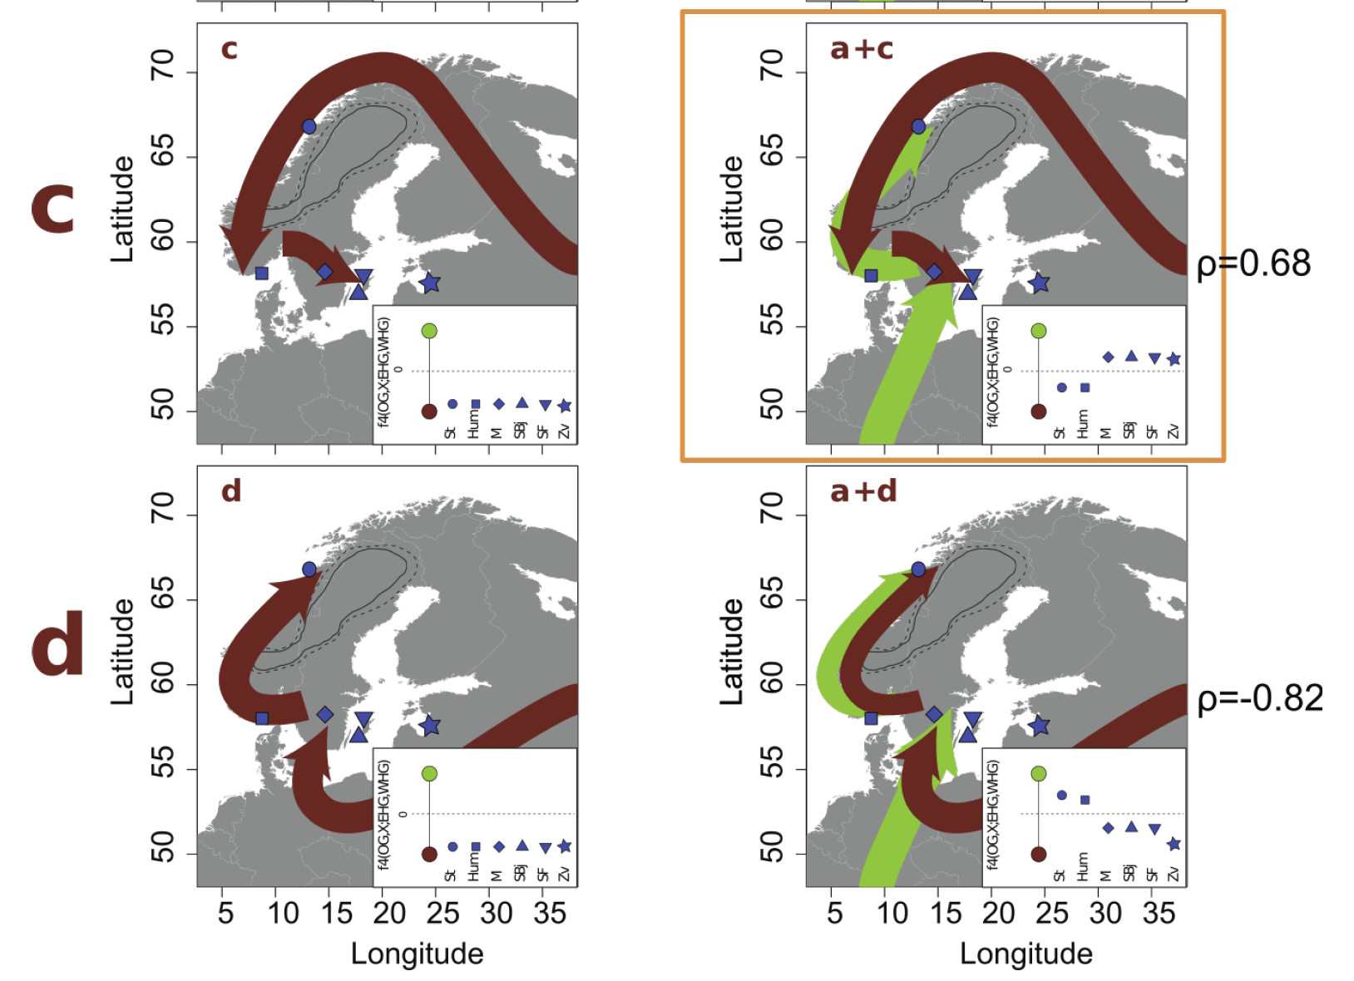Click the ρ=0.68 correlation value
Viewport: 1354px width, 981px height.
[x=1253, y=264]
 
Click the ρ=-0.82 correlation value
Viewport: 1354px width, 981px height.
[x=1259, y=698]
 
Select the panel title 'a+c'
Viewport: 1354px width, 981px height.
[x=861, y=49]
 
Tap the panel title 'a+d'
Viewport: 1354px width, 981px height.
[x=863, y=491]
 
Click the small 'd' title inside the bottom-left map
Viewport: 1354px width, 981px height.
[x=231, y=491]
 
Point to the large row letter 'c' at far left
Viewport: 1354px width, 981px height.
[x=53, y=209]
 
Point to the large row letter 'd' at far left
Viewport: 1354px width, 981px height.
[x=57, y=643]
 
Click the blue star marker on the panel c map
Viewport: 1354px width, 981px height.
[x=429, y=283]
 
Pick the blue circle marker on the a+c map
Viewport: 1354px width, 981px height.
[x=918, y=126]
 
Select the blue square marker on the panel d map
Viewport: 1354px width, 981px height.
[x=262, y=717]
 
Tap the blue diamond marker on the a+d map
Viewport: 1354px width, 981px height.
[x=934, y=714]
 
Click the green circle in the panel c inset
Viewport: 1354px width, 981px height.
[x=429, y=331]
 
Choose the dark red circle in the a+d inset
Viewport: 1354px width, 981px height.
[x=1038, y=854]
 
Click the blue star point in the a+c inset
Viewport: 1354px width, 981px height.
[x=1174, y=360]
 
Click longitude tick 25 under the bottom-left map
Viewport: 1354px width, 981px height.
[x=442, y=914]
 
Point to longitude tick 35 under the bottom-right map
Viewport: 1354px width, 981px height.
[x=1159, y=914]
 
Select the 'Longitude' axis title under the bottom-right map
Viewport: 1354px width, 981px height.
[x=1026, y=954]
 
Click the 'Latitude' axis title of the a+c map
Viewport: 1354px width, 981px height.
[x=731, y=209]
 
